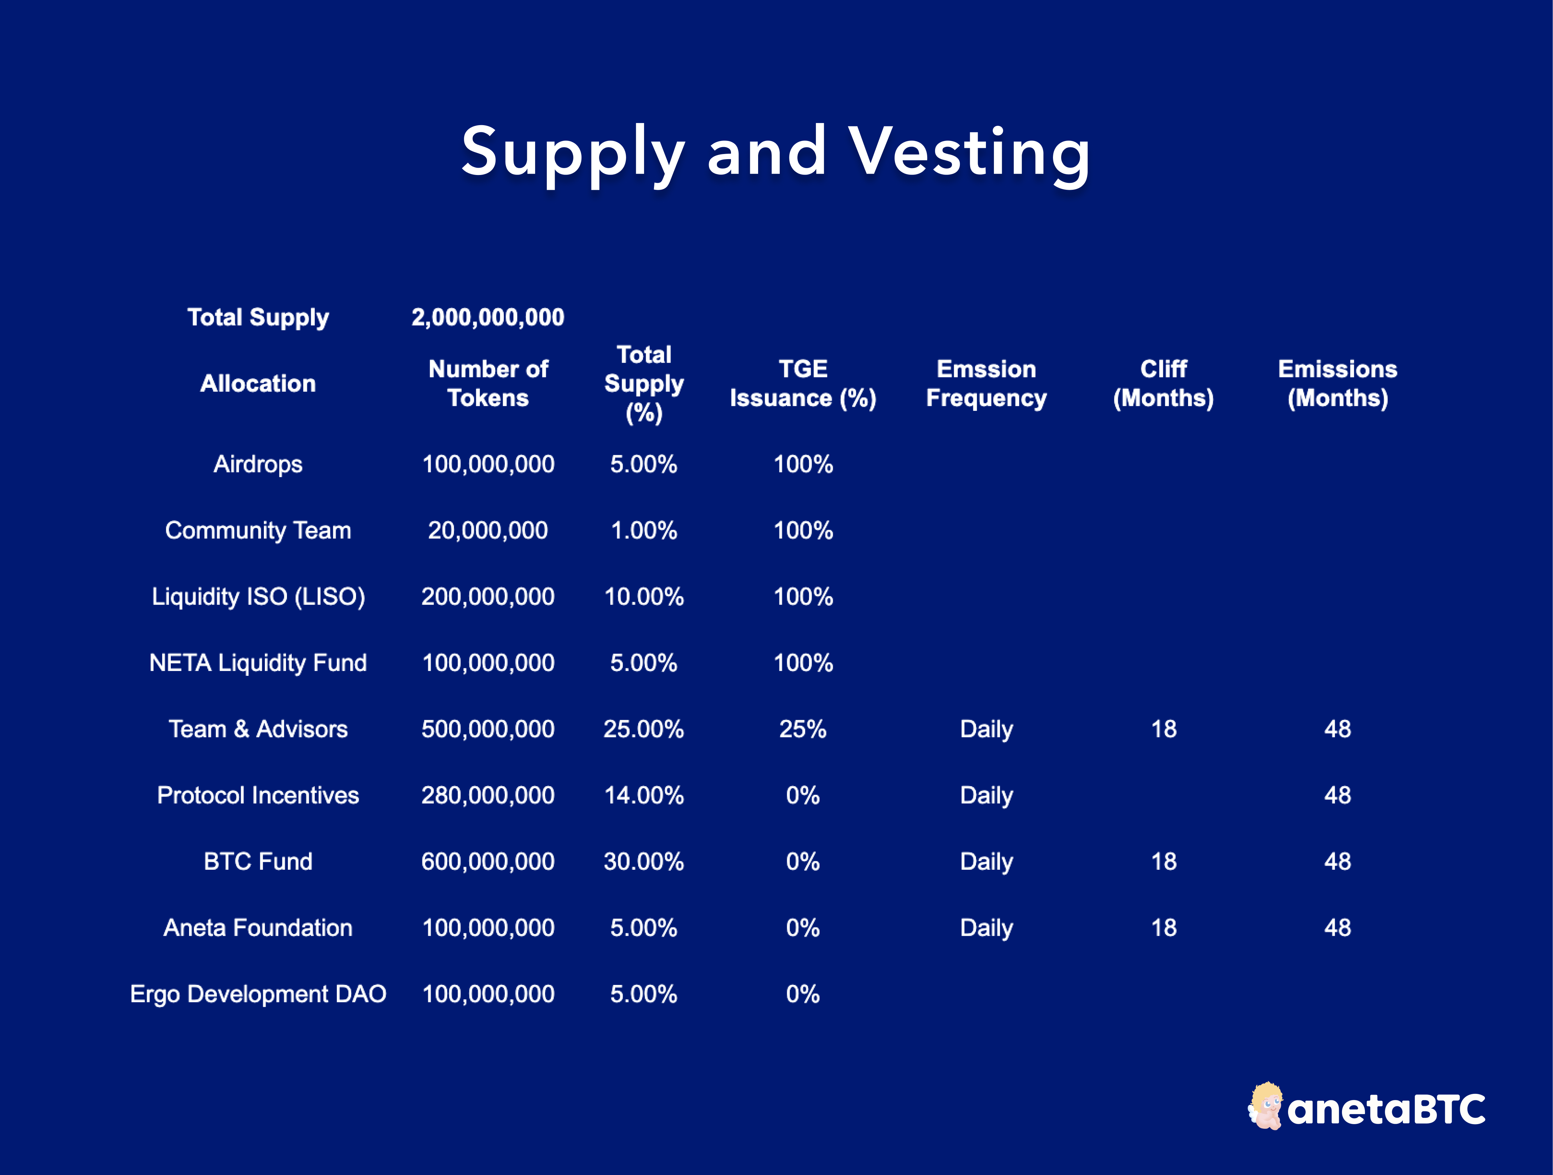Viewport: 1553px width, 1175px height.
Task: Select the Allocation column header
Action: coord(258,383)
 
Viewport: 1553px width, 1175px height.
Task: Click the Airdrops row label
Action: coord(258,464)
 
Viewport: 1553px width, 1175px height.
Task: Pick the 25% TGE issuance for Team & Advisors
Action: coord(802,729)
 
